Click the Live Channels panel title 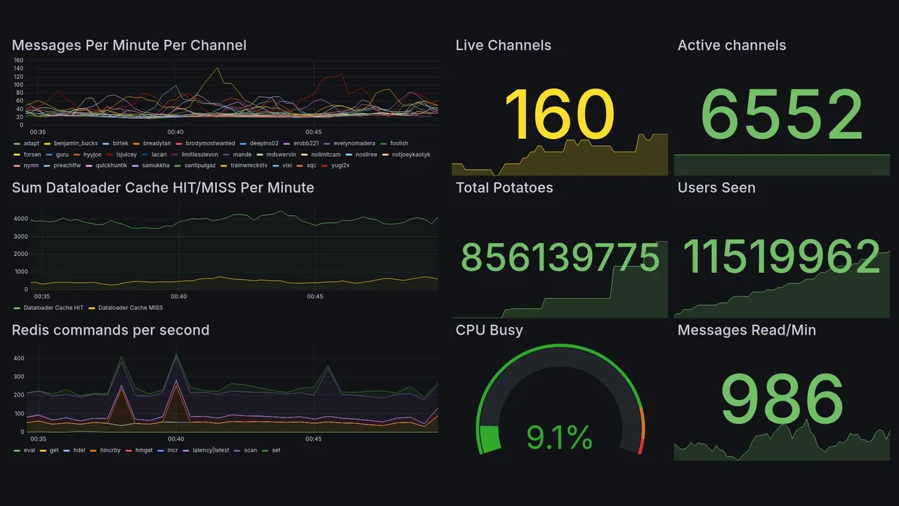point(503,46)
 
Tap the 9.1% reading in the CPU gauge point(560,438)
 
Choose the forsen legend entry point(32,155)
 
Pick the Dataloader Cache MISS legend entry point(130,308)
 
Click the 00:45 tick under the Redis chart point(314,439)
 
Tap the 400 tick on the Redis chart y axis point(19,358)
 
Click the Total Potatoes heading point(504,188)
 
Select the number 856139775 point(560,258)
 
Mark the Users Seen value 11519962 point(781,257)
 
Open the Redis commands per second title point(110,330)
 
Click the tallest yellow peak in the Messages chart point(218,69)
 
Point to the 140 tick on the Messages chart point(19,69)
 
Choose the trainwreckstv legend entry point(249,166)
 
